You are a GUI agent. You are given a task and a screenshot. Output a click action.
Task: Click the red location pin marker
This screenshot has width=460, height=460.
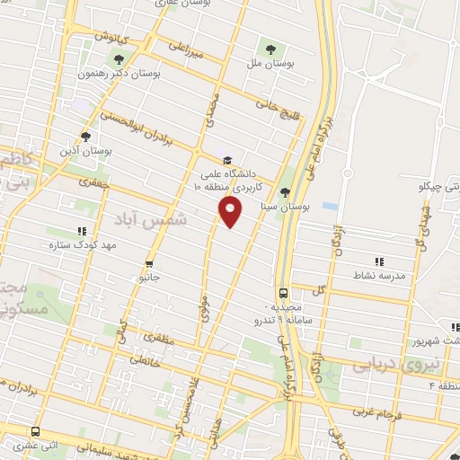tap(231, 212)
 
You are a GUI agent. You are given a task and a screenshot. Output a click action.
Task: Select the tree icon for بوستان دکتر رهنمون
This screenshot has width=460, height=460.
tap(119, 60)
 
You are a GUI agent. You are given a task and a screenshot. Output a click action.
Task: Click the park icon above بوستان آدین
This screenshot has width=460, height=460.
tap(85, 137)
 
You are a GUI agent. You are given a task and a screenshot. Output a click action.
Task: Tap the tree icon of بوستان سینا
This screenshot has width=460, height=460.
tap(285, 191)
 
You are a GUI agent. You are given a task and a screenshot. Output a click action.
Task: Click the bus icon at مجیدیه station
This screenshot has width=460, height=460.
tap(284, 292)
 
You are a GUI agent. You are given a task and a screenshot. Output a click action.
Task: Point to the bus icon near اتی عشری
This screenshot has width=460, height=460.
tap(35, 431)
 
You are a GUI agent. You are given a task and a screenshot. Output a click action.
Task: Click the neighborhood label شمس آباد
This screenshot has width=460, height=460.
tap(154, 218)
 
